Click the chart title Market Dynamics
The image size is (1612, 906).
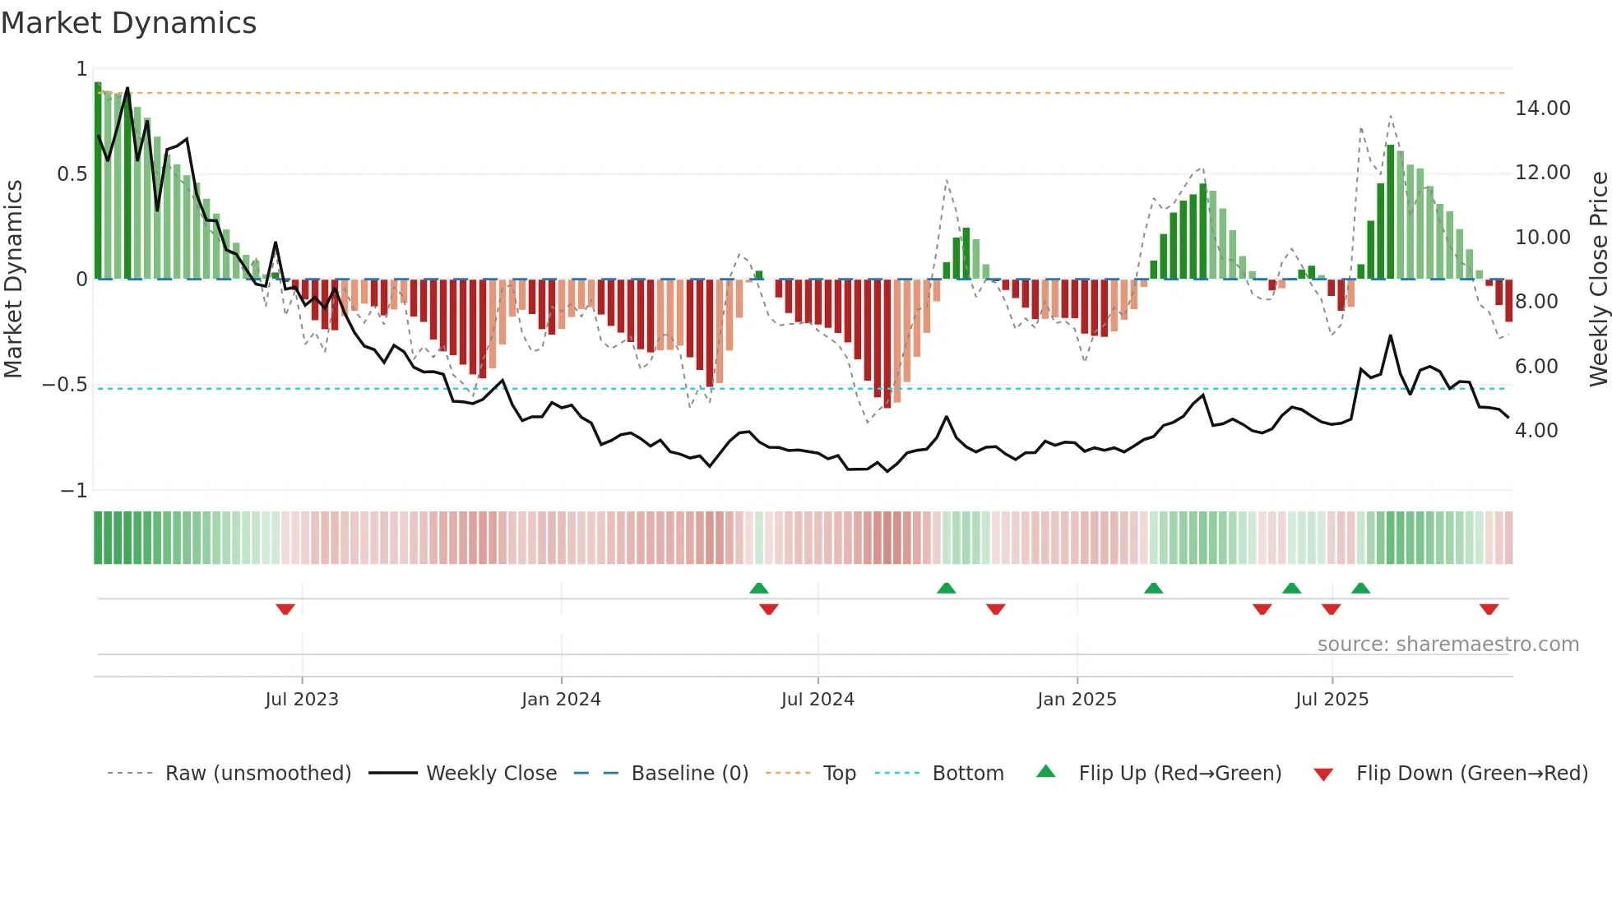pos(128,23)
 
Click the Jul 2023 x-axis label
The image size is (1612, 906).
pos(302,700)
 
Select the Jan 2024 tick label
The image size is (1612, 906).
pos(561,700)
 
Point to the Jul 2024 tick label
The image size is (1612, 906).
pos(818,700)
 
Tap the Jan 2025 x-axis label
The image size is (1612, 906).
pos(1077,700)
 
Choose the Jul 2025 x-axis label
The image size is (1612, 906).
pos(1332,700)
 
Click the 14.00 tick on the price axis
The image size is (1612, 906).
pos(1542,109)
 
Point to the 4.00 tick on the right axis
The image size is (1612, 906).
pos(1536,431)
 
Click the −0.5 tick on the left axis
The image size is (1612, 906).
pos(64,385)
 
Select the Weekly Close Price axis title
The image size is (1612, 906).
pos(1598,279)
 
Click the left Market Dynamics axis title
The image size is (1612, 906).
pos(13,279)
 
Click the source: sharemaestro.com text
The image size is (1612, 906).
pos(1448,645)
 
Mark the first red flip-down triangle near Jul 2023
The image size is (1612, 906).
pos(285,609)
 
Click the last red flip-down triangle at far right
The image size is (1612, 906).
pos(1489,609)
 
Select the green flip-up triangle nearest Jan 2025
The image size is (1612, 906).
pos(1153,588)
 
